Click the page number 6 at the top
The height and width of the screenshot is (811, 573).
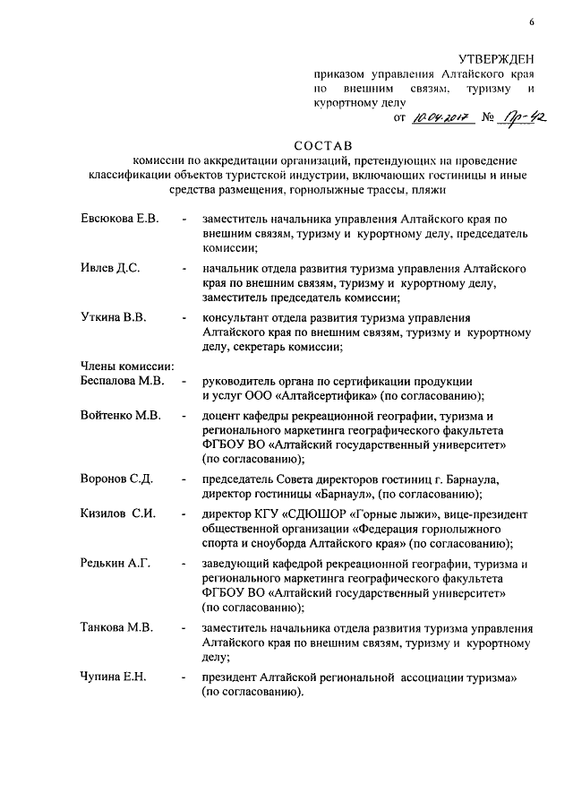tap(530, 22)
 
